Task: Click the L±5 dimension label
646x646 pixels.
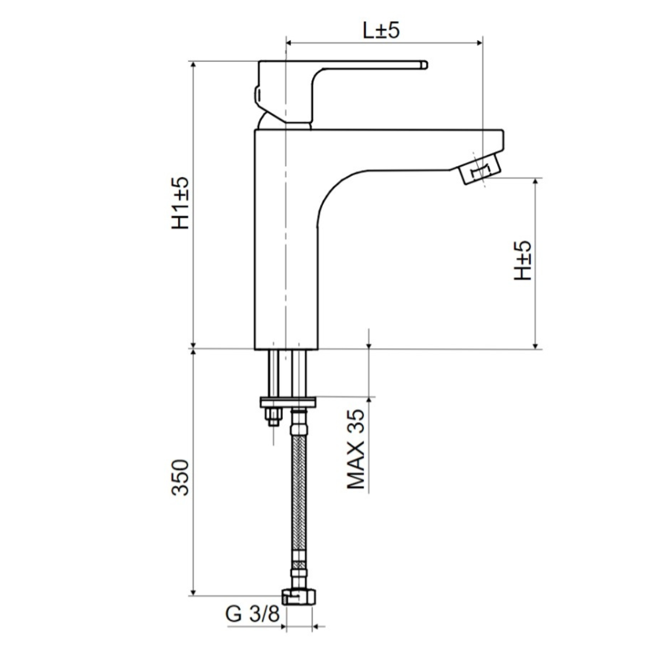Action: click(380, 30)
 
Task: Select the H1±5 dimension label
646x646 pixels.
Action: click(181, 203)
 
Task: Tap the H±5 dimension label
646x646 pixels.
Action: click(522, 261)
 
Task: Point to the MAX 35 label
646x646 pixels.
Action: click(356, 449)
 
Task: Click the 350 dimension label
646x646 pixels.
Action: click(181, 477)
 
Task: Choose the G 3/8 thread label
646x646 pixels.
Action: click(252, 614)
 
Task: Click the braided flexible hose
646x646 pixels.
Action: click(298, 490)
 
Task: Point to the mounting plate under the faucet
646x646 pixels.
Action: click(287, 401)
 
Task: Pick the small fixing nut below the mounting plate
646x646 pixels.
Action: click(273, 416)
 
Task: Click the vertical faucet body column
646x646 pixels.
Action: click(285, 251)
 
